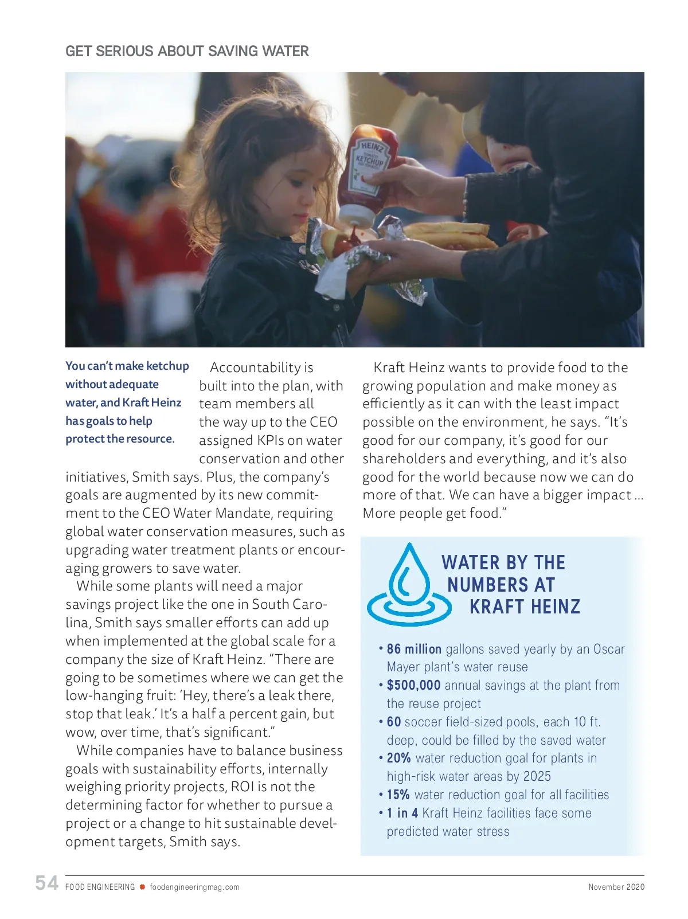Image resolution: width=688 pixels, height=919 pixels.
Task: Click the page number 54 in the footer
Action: pyautogui.click(x=46, y=883)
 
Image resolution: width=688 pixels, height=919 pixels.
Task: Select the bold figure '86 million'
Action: pyautogui.click(x=414, y=649)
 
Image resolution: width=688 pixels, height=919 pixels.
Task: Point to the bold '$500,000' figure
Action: pyautogui.click(x=413, y=685)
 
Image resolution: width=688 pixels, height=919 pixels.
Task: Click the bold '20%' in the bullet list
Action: pyautogui.click(x=398, y=758)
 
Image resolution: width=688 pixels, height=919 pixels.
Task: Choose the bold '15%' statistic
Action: pyautogui.click(x=398, y=795)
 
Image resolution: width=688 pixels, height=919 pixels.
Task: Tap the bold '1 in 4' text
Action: pyautogui.click(x=402, y=813)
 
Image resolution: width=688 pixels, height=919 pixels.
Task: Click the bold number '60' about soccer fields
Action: pyautogui.click(x=394, y=722)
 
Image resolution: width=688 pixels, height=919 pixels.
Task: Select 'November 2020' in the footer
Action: pyautogui.click(x=616, y=887)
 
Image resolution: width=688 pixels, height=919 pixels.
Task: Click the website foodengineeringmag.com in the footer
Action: pyautogui.click(x=194, y=887)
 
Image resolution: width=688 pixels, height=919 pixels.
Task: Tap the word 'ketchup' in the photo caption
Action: pyautogui.click(x=167, y=366)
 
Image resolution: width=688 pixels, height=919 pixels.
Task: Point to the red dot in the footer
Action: pyautogui.click(x=142, y=887)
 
